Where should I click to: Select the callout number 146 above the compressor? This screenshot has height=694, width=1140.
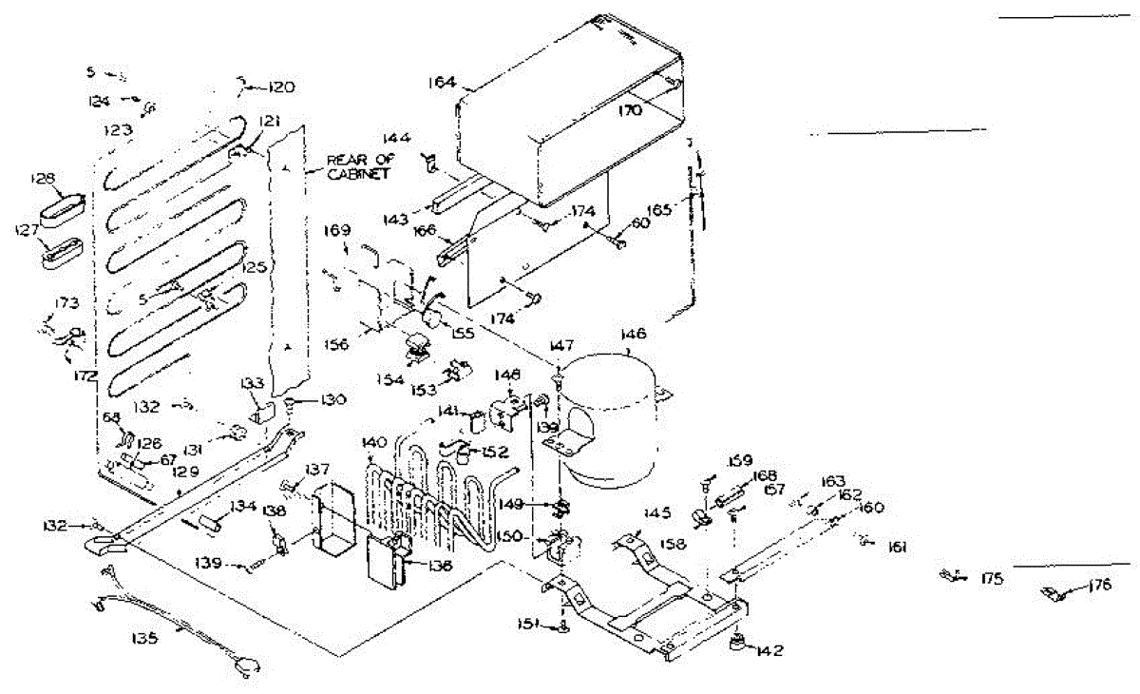coord(633,335)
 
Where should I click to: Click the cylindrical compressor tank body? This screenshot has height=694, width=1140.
coord(608,418)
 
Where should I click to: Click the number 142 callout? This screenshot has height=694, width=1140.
coord(771,651)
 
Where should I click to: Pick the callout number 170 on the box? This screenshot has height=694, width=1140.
coord(631,110)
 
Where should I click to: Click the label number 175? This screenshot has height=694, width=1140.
coord(992,578)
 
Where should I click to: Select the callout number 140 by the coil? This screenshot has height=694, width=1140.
coord(374,442)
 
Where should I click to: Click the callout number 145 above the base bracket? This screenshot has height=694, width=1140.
coord(658,513)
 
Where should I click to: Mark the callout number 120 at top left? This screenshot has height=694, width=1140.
coord(279,87)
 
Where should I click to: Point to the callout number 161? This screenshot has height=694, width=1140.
coord(897,547)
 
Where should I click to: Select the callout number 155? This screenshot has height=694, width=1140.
coord(463,335)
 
